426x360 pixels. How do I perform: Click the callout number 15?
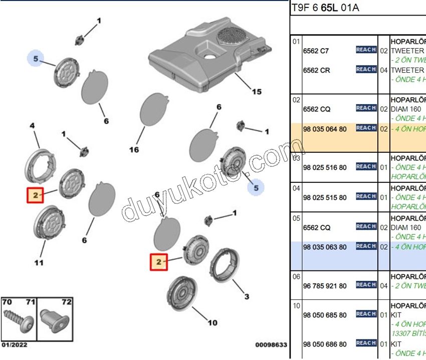(256, 92)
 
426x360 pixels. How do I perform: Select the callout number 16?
(133, 150)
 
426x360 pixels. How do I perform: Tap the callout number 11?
(39, 262)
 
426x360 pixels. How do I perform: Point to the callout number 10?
(212, 322)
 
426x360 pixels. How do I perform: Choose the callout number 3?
(246, 296)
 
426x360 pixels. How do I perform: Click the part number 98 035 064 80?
(324, 129)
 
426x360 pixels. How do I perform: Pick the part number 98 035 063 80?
(324, 247)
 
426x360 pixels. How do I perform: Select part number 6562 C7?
(316, 51)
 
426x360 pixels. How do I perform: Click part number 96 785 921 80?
(324, 286)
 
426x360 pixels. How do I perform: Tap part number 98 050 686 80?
(324, 344)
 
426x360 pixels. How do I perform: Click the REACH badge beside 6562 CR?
(366, 70)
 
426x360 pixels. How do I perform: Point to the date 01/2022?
(15, 344)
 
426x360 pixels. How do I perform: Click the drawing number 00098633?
(271, 345)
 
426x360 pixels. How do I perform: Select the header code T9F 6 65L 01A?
(325, 8)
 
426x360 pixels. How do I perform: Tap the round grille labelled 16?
(151, 110)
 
